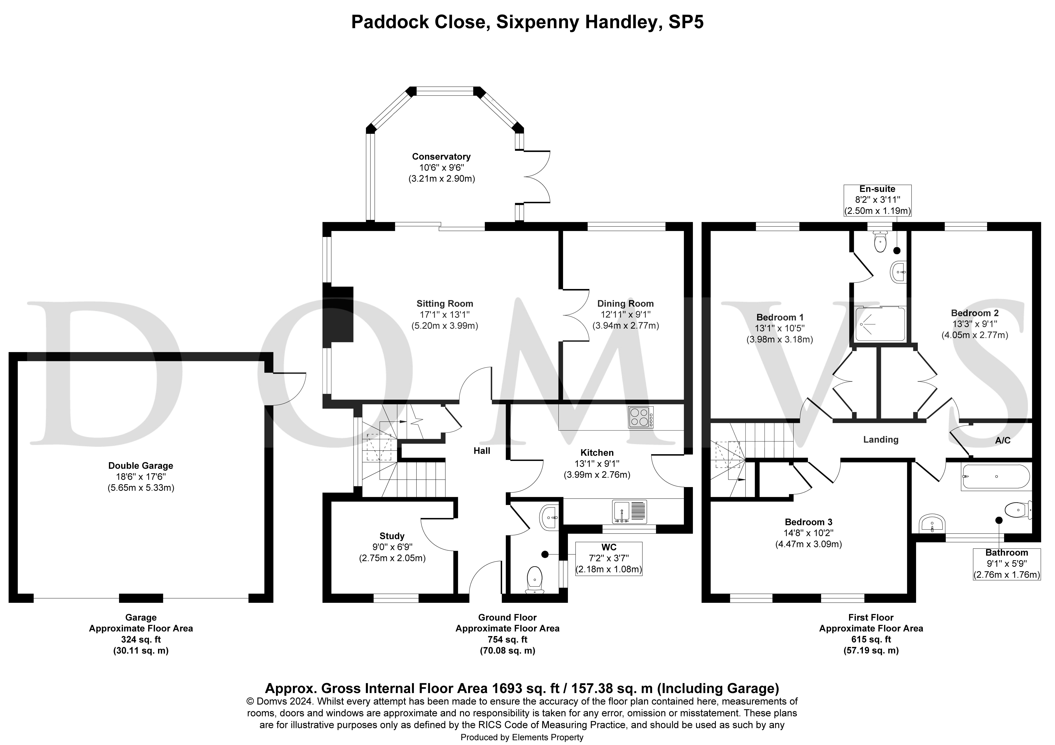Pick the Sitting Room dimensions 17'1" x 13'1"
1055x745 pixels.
point(444,315)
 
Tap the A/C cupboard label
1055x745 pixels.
point(1003,440)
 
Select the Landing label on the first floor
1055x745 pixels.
point(880,439)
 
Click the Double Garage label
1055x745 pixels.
point(141,466)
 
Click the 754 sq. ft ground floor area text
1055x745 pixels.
point(507,639)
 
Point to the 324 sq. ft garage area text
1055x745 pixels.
point(141,639)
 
